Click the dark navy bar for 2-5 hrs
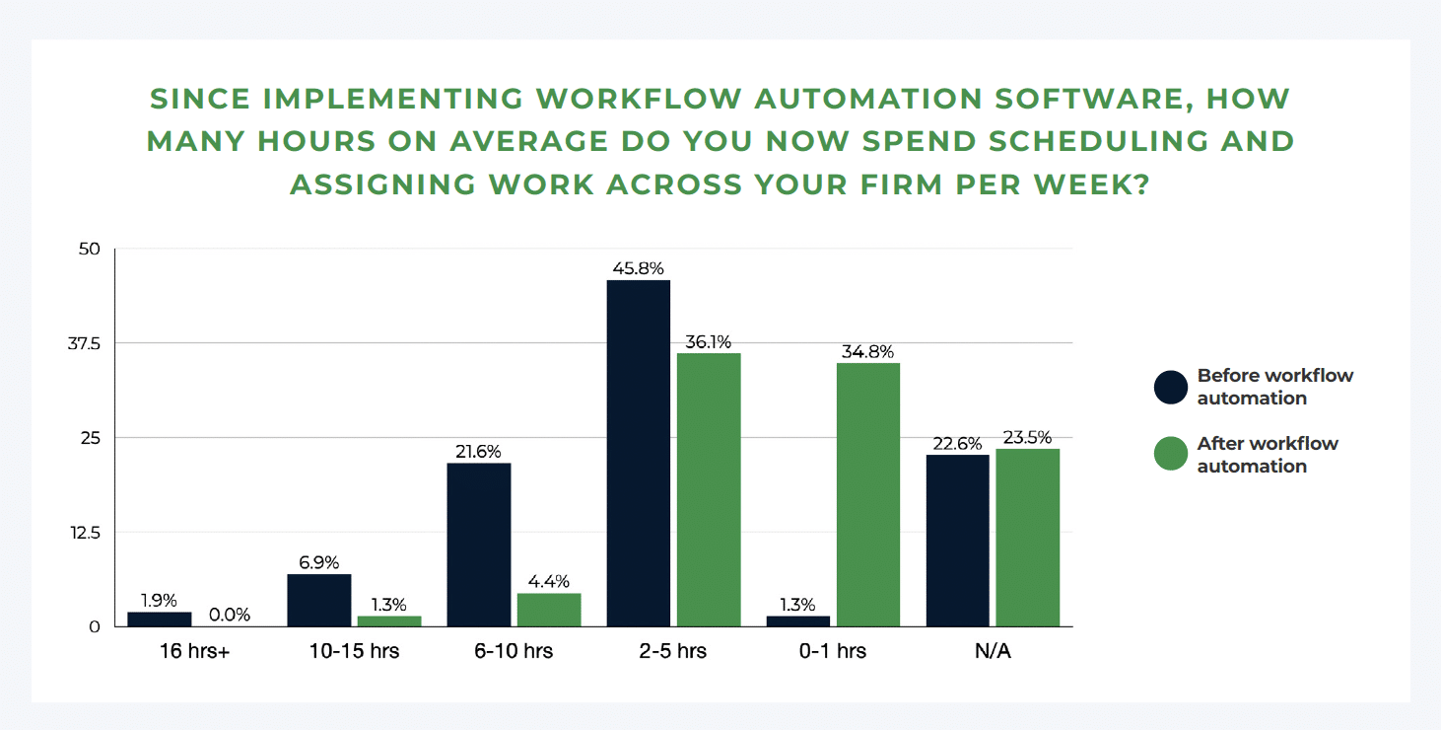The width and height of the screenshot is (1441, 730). tap(638, 453)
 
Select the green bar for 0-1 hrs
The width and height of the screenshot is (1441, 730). tap(867, 494)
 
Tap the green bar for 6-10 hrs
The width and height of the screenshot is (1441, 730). tap(549, 610)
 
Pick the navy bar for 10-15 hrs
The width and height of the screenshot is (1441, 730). tap(319, 600)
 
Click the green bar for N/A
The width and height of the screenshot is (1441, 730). tap(1027, 538)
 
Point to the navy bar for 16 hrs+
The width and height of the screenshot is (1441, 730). tap(160, 620)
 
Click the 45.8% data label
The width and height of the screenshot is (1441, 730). tap(638, 268)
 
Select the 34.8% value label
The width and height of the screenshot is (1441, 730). tap(867, 351)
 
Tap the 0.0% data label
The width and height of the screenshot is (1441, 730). tap(230, 615)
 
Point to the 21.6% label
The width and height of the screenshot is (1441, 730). tap(478, 451)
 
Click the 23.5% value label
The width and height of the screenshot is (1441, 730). tap(1027, 438)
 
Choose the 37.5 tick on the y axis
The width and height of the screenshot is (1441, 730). tap(85, 343)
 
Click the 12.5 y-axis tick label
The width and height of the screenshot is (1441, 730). tap(86, 533)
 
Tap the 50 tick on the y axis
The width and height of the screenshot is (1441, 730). tap(90, 250)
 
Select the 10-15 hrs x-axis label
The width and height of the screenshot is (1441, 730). tap(355, 651)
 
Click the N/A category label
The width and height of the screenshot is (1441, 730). tap(993, 651)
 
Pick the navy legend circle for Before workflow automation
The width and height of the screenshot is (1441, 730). tap(1171, 387)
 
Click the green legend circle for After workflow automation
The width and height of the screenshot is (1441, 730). tap(1171, 454)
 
